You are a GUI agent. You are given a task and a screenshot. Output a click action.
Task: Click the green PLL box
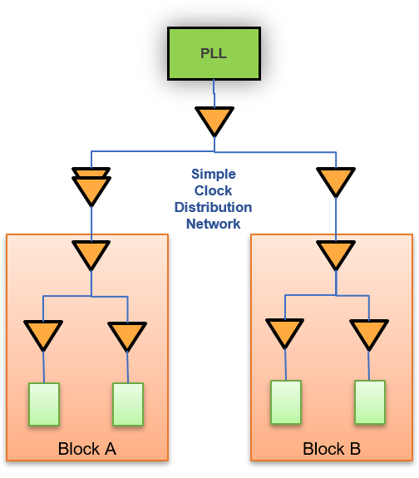[214, 53]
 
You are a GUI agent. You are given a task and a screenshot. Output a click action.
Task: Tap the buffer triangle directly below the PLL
[214, 120]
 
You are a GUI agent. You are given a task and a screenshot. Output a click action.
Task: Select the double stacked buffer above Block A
[91, 187]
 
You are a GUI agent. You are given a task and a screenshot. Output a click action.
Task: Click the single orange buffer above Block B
[336, 180]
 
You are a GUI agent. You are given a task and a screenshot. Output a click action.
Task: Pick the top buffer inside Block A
[91, 254]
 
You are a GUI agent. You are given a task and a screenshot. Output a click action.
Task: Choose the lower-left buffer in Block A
[43, 334]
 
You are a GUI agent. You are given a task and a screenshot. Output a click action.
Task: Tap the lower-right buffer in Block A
[127, 335]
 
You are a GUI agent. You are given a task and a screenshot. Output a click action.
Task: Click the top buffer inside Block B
[336, 254]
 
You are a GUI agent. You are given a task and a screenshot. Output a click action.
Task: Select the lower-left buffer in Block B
[285, 333]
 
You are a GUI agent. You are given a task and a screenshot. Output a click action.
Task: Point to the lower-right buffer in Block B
[369, 333]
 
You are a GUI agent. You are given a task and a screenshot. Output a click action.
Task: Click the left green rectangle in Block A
[44, 404]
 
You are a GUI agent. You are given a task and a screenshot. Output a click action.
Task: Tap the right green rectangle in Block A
[128, 404]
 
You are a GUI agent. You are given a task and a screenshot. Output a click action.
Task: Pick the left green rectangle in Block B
[286, 402]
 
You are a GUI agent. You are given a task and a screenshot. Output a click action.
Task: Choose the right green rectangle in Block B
[370, 402]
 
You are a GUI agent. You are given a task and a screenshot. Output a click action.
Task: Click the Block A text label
[86, 449]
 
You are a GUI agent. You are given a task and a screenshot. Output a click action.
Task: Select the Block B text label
[332, 449]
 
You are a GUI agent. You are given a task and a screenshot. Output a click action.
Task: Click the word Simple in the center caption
[214, 174]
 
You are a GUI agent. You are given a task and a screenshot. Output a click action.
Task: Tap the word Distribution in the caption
[213, 207]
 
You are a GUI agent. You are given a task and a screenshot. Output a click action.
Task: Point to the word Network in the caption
[213, 224]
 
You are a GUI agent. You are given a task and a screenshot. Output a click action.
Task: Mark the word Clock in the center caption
[214, 190]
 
